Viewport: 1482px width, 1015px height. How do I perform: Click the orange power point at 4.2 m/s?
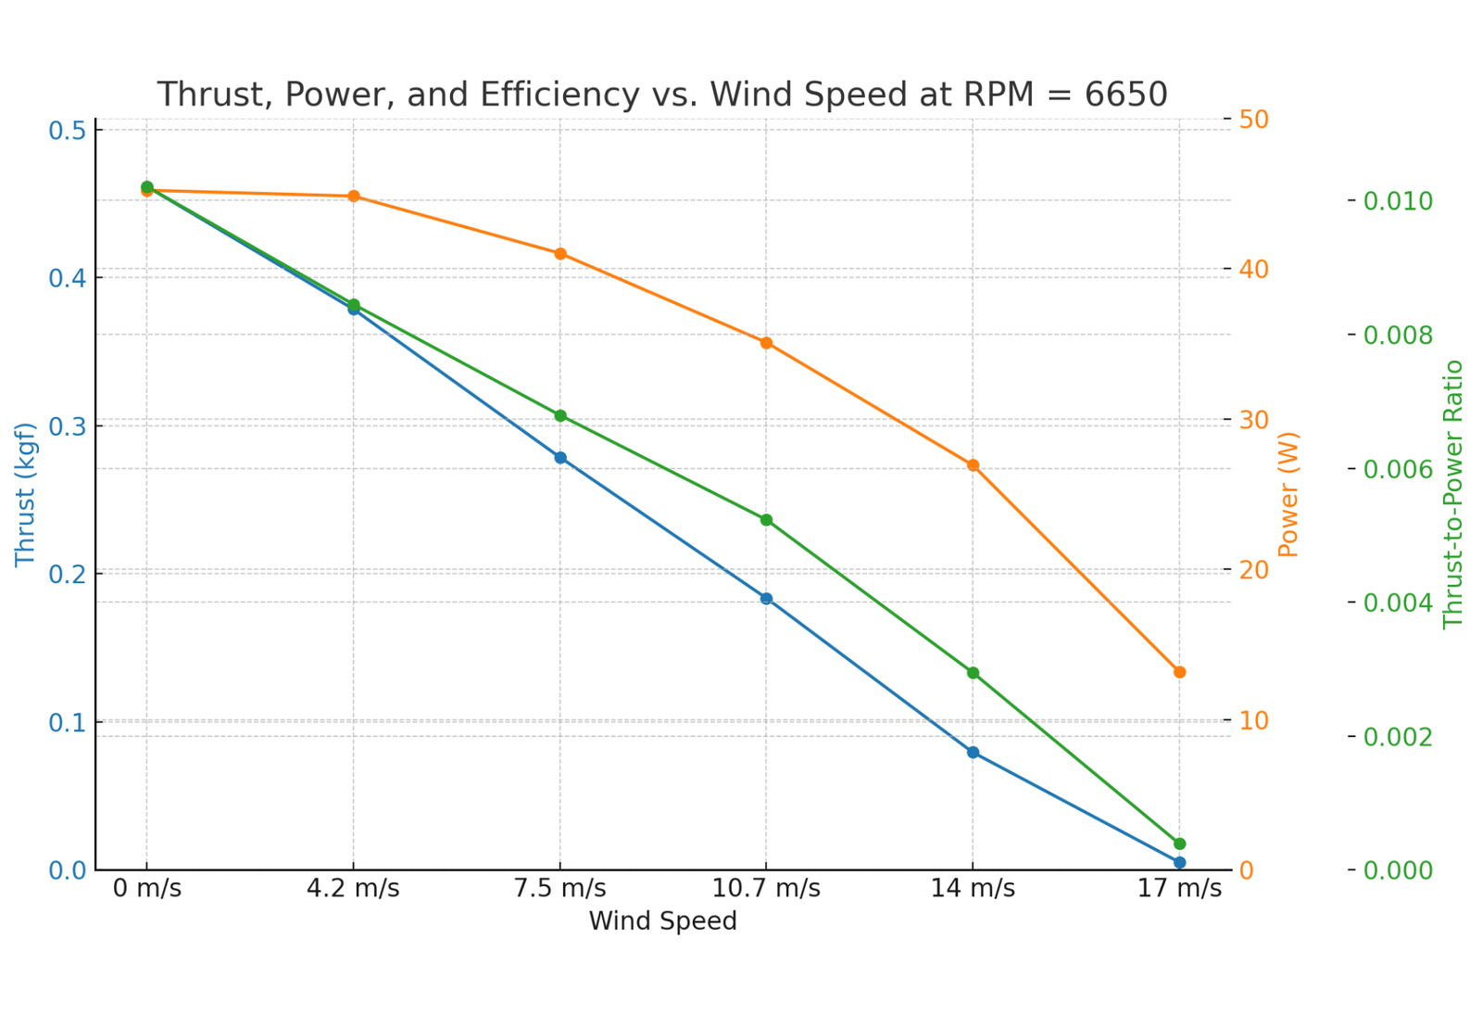click(x=354, y=197)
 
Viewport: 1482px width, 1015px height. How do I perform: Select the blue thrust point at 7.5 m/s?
click(x=560, y=458)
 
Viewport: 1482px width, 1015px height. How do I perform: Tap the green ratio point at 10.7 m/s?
click(x=766, y=520)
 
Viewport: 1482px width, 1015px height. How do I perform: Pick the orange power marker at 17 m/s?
click(x=1179, y=672)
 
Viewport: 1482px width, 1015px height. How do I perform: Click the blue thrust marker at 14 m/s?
click(x=973, y=753)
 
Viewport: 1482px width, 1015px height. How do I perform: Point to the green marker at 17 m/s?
click(x=1179, y=844)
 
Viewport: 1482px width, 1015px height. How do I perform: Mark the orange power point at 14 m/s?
click(x=973, y=465)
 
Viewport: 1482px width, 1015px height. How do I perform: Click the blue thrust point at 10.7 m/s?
click(x=766, y=599)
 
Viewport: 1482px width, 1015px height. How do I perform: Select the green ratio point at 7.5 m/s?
click(x=560, y=416)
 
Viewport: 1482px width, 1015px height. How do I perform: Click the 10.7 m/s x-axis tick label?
click(x=766, y=889)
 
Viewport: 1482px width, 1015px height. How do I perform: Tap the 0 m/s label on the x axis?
click(x=147, y=889)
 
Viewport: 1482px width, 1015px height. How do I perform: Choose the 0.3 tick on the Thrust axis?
click(x=68, y=426)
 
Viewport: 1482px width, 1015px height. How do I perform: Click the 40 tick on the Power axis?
click(x=1255, y=270)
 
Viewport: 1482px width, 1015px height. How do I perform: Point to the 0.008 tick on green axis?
click(x=1397, y=336)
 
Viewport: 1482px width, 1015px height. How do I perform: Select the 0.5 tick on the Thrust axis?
click(x=68, y=131)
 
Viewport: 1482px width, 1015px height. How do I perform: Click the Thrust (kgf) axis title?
click(x=25, y=494)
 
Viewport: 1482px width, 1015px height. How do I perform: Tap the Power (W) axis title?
click(x=1288, y=494)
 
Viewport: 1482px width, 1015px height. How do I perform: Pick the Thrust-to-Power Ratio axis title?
click(x=1453, y=494)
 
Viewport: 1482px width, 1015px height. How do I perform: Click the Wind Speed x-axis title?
click(x=662, y=921)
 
